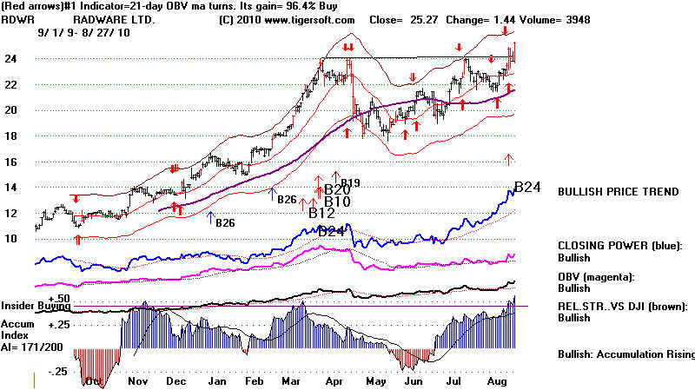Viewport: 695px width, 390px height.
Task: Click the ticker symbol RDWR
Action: tap(17, 19)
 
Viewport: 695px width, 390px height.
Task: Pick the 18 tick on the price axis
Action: tap(16, 136)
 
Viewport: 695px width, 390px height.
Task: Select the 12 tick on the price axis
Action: tap(16, 213)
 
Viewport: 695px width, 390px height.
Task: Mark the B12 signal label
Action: tap(321, 213)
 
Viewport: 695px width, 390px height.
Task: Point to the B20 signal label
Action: tap(337, 189)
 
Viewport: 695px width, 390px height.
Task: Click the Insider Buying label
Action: tap(35, 306)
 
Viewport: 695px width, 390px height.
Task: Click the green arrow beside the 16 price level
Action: tap(510, 159)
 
